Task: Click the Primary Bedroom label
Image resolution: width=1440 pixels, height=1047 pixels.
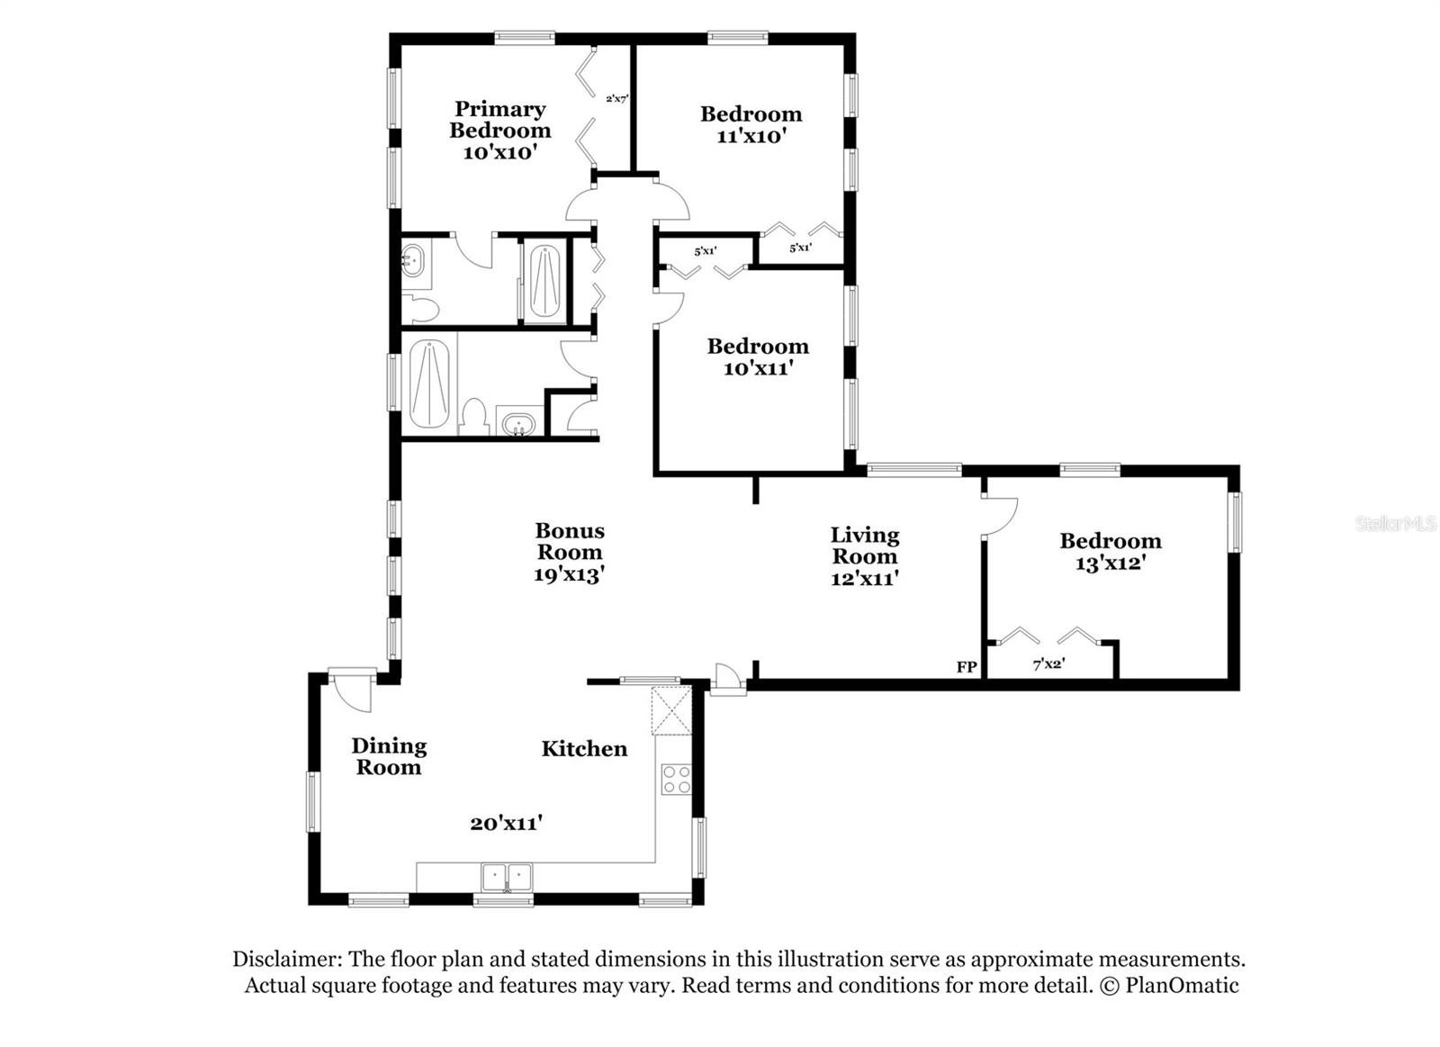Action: click(499, 120)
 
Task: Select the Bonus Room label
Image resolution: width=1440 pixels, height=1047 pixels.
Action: click(569, 541)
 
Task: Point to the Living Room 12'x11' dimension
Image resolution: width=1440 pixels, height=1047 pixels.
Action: click(864, 579)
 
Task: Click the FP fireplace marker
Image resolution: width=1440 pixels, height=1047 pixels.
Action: click(967, 667)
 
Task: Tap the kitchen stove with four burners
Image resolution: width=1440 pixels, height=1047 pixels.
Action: click(676, 779)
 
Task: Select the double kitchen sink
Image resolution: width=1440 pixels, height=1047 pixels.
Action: click(507, 877)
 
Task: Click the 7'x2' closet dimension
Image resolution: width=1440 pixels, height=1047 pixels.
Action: click(1048, 664)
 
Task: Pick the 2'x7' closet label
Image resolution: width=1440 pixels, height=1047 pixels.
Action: click(616, 99)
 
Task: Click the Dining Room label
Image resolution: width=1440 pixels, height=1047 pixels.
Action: click(389, 756)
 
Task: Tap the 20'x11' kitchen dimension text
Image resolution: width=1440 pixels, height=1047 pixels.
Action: click(506, 823)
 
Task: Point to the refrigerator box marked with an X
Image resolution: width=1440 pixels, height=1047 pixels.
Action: click(672, 709)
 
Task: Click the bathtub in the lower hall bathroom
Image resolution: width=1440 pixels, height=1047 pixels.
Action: click(428, 385)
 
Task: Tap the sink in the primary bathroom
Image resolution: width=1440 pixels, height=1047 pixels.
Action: click(414, 261)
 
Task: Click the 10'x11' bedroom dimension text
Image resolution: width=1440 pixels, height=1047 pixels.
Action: click(758, 368)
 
